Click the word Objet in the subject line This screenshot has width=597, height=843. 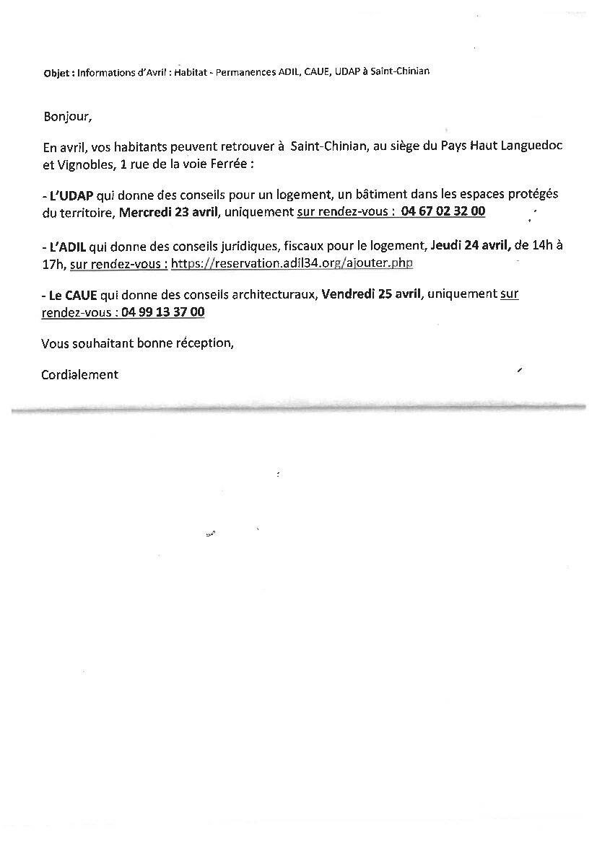pyautogui.click(x=57, y=72)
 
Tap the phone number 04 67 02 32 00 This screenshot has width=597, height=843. pyautogui.click(x=443, y=211)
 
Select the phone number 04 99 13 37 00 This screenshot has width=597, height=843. pyautogui.click(x=163, y=312)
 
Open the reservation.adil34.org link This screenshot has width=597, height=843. pyautogui.click(x=292, y=262)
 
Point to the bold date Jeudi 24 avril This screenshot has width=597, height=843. pyautogui.click(x=470, y=245)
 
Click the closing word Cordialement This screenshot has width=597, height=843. pyautogui.click(x=79, y=374)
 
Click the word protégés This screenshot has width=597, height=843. pyautogui.click(x=533, y=195)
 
